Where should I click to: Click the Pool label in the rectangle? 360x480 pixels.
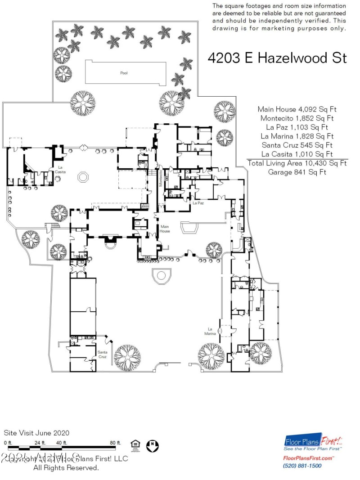tap(124, 73)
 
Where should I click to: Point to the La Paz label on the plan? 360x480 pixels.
tap(198, 203)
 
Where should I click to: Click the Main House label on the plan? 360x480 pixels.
tap(165, 229)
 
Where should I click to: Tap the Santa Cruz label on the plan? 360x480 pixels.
tap(103, 354)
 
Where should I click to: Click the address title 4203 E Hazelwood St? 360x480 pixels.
tap(277, 58)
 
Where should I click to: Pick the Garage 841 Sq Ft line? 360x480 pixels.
tap(297, 172)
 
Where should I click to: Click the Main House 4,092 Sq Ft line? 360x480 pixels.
tap(297, 109)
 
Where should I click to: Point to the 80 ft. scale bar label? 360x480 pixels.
tap(116, 443)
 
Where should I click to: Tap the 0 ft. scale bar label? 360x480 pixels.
tap(8, 443)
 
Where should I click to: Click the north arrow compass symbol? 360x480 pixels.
tap(153, 445)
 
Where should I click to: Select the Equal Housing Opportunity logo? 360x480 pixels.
tap(135, 445)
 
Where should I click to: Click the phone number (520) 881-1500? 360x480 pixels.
tap(302, 466)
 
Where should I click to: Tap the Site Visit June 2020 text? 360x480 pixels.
tap(36, 433)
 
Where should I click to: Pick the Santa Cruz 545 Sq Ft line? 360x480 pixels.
tap(297, 145)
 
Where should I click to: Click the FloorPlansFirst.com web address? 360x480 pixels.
tap(308, 458)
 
